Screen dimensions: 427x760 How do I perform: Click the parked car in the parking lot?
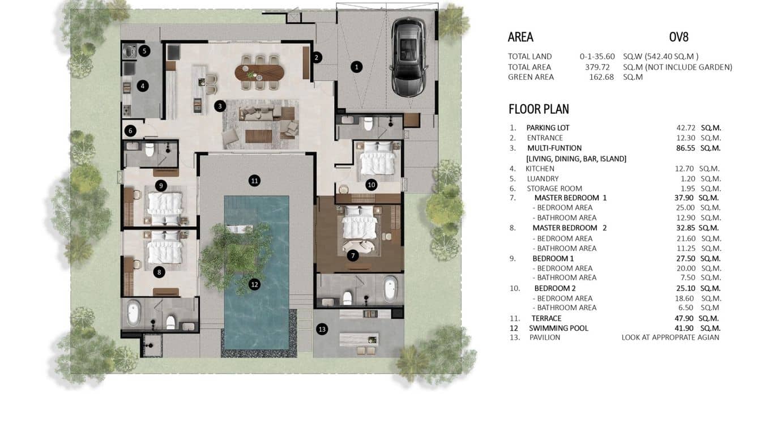click(409, 49)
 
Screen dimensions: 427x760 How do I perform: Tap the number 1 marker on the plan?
click(356, 67)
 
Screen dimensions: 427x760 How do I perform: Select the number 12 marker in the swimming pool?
click(255, 284)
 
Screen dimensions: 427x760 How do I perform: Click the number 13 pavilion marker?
click(322, 329)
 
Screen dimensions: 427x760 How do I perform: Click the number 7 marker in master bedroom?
click(353, 255)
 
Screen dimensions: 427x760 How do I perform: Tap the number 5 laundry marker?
click(144, 51)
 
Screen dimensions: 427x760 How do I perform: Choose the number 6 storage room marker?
click(130, 131)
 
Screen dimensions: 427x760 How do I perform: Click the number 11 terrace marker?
click(255, 181)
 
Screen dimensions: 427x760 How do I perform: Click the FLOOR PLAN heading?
click(539, 109)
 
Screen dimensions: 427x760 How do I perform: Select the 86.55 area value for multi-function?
click(680, 148)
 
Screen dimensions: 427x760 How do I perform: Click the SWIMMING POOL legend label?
click(558, 328)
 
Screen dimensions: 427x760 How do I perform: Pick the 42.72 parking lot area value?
click(680, 128)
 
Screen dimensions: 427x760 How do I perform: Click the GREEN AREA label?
click(531, 77)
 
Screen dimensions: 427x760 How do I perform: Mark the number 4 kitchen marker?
click(143, 86)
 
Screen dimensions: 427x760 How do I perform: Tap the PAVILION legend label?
click(544, 338)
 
